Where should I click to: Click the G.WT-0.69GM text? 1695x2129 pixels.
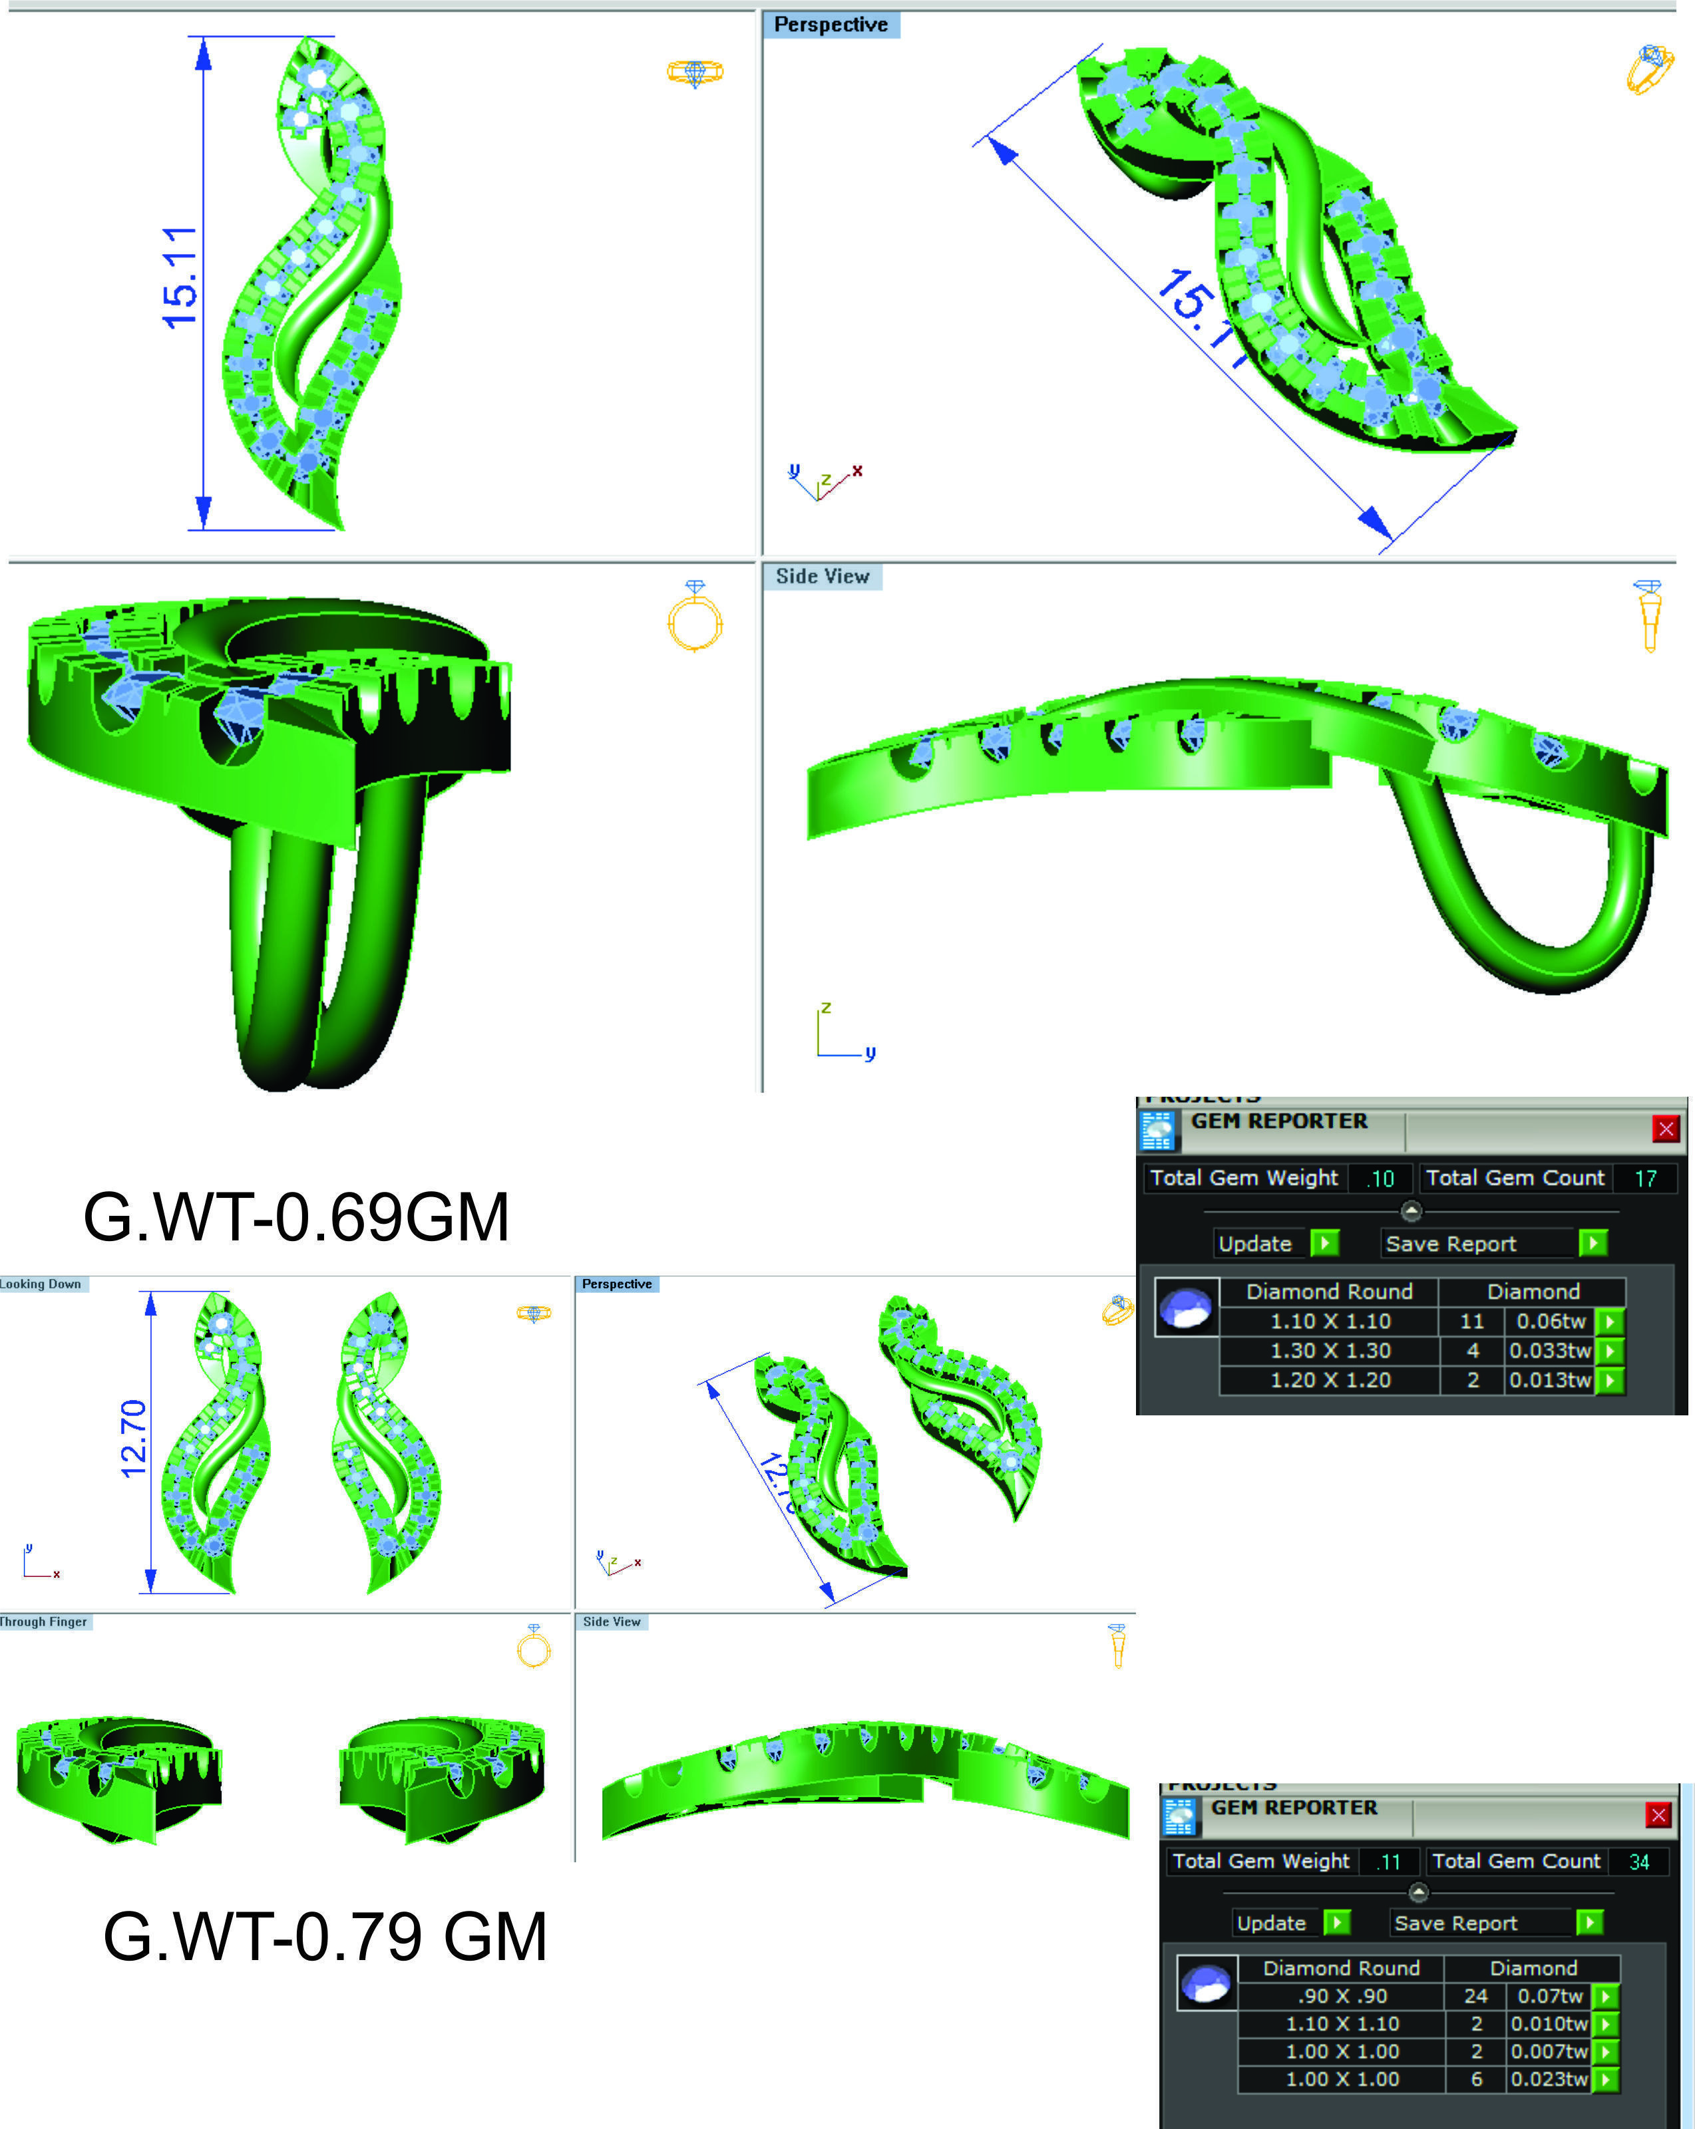pyautogui.click(x=295, y=1218)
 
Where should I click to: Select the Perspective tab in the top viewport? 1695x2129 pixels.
pyautogui.click(x=830, y=25)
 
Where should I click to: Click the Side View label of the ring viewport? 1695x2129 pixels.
pyautogui.click(x=822, y=576)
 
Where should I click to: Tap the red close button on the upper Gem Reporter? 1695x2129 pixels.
pyautogui.click(x=1665, y=1129)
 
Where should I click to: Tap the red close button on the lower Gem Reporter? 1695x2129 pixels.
pyautogui.click(x=1658, y=1814)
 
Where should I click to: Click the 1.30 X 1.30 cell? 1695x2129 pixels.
pyautogui.click(x=1330, y=1351)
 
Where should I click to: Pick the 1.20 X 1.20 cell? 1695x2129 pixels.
pyautogui.click(x=1330, y=1381)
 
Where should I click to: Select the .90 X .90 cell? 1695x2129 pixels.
pyautogui.click(x=1342, y=1996)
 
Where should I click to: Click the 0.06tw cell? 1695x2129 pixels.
pyautogui.click(x=1550, y=1322)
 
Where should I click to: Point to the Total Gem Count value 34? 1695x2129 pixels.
pyautogui.click(x=1638, y=1862)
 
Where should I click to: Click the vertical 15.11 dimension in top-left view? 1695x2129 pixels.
pyautogui.click(x=180, y=277)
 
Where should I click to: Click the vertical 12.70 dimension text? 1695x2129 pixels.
pyautogui.click(x=133, y=1439)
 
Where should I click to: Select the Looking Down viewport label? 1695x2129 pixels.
pyautogui.click(x=41, y=1284)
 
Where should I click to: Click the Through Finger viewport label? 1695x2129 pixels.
pyautogui.click(x=43, y=1622)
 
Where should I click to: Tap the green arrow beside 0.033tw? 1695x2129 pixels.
pyautogui.click(x=1609, y=1351)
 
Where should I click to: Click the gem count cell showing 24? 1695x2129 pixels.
pyautogui.click(x=1475, y=1996)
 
